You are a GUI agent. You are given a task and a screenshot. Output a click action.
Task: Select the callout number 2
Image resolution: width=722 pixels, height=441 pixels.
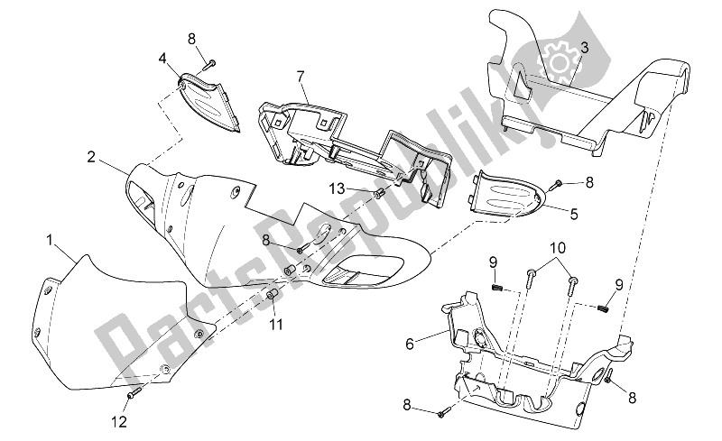(91, 156)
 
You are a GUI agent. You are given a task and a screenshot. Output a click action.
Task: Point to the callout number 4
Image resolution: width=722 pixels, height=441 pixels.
(162, 59)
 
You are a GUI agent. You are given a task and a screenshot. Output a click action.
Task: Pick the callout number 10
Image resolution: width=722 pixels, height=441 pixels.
(558, 246)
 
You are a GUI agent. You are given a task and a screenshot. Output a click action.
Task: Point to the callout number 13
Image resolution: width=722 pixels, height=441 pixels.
(336, 188)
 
